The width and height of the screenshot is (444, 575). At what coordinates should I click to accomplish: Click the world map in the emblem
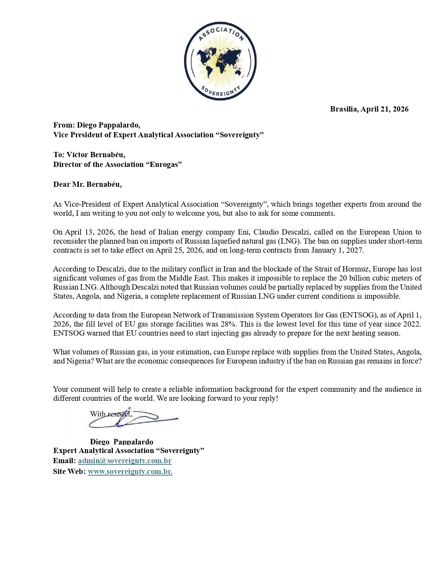[x=220, y=62]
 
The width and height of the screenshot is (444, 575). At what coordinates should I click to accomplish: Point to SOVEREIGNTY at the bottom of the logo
[x=221, y=92]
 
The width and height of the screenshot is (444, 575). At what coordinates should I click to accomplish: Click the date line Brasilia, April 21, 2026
[x=369, y=109]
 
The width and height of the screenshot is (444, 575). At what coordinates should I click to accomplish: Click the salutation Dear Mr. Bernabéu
[x=87, y=184]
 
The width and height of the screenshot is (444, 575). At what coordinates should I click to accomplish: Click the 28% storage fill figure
[x=228, y=324]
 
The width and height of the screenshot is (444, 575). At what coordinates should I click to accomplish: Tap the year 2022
[x=412, y=324]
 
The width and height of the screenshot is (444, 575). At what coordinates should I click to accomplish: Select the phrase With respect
[x=111, y=414]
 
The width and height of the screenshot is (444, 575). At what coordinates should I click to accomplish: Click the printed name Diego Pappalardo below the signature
[x=122, y=442]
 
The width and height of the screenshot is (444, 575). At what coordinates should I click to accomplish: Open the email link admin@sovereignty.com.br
[x=125, y=461]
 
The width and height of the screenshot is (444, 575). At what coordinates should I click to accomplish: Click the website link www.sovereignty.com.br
[x=130, y=472]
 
